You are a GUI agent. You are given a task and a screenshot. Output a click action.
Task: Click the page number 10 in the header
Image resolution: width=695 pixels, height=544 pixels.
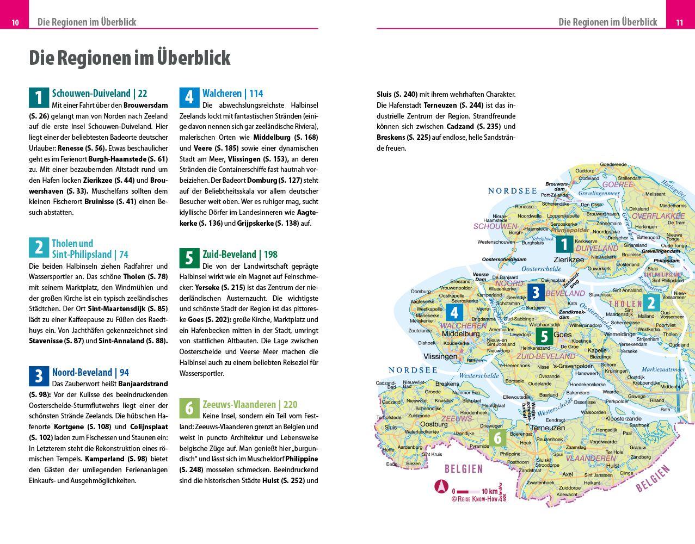(x=15, y=22)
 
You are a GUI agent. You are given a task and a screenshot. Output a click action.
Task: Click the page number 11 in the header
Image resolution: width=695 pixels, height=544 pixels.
(x=679, y=22)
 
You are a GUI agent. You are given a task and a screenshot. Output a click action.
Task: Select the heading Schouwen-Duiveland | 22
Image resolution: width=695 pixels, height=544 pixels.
(x=100, y=94)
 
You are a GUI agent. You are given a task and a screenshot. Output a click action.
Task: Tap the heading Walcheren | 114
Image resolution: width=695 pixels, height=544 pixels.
(x=232, y=94)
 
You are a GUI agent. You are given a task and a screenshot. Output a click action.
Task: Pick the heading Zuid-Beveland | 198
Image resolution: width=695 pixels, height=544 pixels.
(x=239, y=254)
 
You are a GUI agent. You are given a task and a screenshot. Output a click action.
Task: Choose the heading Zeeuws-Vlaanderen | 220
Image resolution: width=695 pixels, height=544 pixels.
(x=250, y=404)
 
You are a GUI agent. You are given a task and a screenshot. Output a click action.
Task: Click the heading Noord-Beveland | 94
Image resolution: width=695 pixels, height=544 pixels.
(x=90, y=372)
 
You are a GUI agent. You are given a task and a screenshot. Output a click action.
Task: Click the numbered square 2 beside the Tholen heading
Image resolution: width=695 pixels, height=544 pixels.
(x=39, y=248)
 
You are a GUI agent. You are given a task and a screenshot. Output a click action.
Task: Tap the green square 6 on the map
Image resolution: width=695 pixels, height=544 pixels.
(x=497, y=437)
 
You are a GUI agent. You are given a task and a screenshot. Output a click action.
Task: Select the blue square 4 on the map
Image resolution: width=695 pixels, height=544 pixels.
(x=454, y=313)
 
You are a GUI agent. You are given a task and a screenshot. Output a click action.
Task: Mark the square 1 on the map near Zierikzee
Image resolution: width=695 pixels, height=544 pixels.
(x=564, y=244)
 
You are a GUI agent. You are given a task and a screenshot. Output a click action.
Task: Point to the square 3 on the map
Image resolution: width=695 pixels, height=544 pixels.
(x=536, y=293)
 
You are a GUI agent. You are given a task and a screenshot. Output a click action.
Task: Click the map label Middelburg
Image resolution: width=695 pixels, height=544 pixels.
(x=460, y=333)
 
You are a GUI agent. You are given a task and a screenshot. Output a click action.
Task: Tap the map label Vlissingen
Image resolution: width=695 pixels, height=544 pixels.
(x=440, y=356)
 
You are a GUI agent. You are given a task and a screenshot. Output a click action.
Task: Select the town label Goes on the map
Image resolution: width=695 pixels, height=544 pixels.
(x=563, y=335)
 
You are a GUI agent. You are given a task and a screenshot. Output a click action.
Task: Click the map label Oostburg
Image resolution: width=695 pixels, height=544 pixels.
(x=433, y=424)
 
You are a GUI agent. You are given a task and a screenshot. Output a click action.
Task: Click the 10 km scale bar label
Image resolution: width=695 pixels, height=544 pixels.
(x=493, y=491)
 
